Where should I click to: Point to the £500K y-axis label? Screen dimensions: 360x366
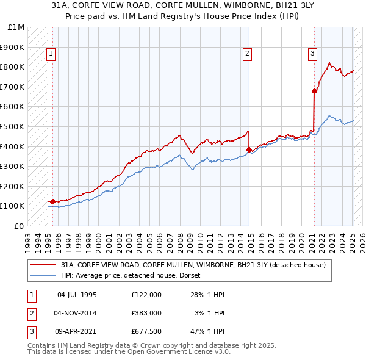[12, 126]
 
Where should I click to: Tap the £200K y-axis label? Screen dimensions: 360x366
[12, 186]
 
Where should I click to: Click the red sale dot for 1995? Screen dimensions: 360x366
[52, 201]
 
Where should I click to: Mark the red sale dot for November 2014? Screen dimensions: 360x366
[249, 149]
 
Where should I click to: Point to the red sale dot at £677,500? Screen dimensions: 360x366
[314, 91]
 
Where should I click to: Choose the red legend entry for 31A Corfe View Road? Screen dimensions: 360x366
[194, 265]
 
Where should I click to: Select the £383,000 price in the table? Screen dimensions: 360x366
[146, 313]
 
